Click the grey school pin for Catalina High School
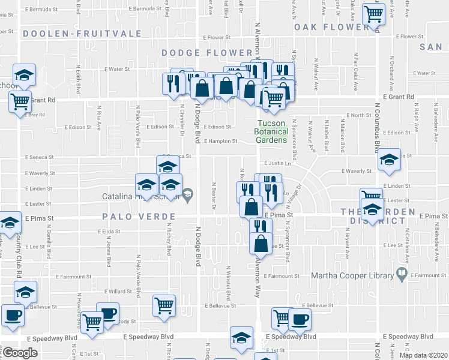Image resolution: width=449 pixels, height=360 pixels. [188, 193]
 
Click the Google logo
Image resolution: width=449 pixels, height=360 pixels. [20, 353]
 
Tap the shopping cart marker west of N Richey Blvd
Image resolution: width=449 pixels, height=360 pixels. [164, 305]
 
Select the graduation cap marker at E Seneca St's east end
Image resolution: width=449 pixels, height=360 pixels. [389, 158]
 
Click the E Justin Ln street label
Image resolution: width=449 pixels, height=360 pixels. [277, 163]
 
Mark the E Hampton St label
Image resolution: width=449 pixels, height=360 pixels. [220, 142]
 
